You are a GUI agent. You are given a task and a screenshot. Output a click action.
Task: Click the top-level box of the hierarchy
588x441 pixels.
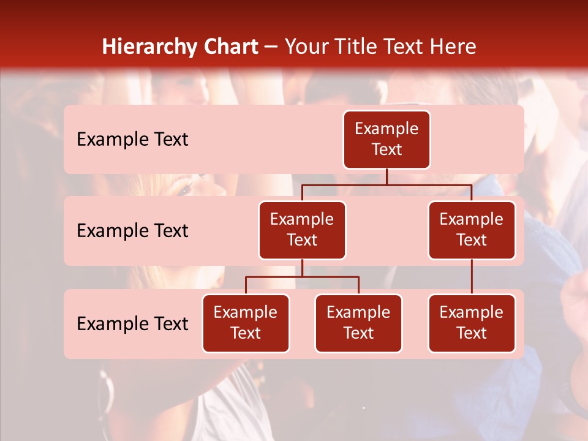[x=386, y=139]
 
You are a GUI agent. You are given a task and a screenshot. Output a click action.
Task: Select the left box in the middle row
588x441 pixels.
[x=302, y=230]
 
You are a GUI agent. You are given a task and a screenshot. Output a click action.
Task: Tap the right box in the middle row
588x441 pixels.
[x=472, y=230]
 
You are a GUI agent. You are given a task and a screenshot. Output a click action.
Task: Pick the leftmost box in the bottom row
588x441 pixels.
[x=246, y=323]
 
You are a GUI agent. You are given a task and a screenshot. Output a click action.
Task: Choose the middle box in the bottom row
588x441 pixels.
[x=358, y=323]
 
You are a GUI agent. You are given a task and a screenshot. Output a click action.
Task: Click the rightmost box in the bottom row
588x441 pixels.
[x=472, y=323]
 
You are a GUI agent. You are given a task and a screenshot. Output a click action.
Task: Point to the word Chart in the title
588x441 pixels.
[x=230, y=47]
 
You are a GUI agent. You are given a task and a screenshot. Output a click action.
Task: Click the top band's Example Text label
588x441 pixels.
[x=132, y=139]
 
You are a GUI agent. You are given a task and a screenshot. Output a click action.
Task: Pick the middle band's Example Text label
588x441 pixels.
[x=132, y=230]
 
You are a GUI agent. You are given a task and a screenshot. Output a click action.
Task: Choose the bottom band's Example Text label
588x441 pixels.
[x=132, y=323]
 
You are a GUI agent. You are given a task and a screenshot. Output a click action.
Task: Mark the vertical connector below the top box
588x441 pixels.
[x=386, y=176]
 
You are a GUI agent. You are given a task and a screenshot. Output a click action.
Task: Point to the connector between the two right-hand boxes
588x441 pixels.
[x=472, y=277]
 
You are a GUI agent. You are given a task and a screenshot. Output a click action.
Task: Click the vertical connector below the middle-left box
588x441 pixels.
[x=302, y=268]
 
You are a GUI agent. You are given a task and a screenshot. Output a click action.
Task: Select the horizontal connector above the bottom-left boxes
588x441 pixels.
[x=302, y=277]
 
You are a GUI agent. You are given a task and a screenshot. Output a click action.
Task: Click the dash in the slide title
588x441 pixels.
[x=271, y=47]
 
